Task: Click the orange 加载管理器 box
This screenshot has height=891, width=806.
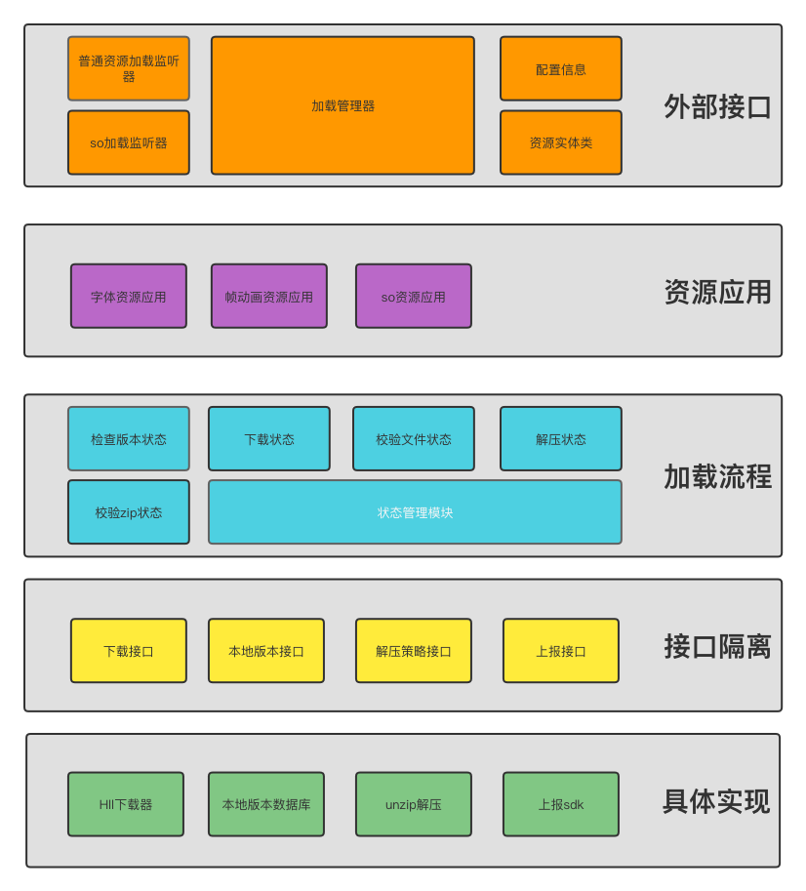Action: point(343,105)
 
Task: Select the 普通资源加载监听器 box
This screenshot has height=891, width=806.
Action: point(129,68)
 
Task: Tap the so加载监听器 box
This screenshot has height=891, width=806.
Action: point(129,142)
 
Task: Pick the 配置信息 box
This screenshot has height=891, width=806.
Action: point(561,69)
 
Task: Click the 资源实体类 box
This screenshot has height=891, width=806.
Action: point(561,142)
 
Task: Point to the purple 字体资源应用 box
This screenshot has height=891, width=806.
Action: point(129,297)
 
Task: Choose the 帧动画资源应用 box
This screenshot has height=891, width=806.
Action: point(269,297)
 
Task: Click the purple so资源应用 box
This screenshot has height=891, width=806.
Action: point(414,297)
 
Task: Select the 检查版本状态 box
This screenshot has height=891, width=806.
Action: point(129,439)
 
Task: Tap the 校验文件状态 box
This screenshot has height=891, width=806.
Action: point(414,439)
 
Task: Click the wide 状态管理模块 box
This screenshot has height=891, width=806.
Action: point(415,512)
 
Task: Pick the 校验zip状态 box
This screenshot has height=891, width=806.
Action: point(129,512)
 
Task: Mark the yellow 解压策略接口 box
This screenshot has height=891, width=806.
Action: point(414,651)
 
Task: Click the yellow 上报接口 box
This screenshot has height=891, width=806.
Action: point(561,651)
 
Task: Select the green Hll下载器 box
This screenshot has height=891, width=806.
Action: point(126,804)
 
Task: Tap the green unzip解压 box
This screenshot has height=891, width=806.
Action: point(414,804)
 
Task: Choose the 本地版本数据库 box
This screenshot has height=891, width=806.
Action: point(266,804)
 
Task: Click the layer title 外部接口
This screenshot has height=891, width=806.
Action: point(717,106)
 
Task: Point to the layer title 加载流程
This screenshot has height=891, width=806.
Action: point(717,476)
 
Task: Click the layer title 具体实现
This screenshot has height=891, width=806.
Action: point(715,801)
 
